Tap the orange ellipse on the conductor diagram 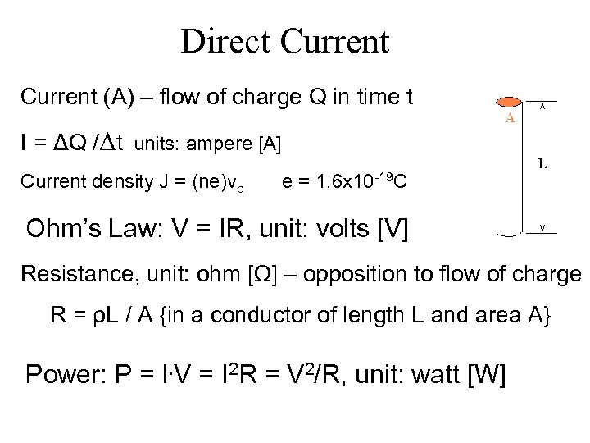[508, 102]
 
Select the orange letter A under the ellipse [509, 117]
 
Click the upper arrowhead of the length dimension [542, 105]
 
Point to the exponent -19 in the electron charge [383, 176]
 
